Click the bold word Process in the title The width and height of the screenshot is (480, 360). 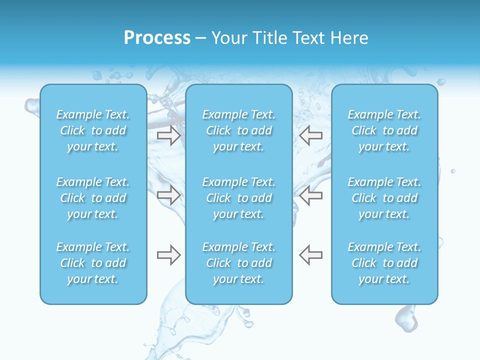(157, 38)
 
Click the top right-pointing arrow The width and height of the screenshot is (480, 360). (168, 135)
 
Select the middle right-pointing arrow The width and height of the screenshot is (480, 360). (168, 195)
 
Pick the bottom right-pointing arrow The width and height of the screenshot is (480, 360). (168, 255)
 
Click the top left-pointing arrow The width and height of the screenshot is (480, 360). (310, 135)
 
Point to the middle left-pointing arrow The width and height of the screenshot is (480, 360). (310, 195)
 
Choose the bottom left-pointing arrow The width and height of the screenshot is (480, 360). (310, 255)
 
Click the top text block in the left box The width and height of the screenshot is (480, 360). (93, 130)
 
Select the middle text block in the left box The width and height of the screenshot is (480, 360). (93, 198)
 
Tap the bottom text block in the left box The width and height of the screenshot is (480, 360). (93, 263)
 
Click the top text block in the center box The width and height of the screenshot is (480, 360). (239, 130)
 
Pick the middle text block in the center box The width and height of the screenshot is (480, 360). (239, 198)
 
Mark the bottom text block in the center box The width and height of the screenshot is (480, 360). (239, 263)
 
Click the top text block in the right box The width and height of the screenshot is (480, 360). (384, 130)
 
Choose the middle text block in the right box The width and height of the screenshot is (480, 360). (384, 198)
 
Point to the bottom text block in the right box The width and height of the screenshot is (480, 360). (384, 263)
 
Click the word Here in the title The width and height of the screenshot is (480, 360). (349, 38)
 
